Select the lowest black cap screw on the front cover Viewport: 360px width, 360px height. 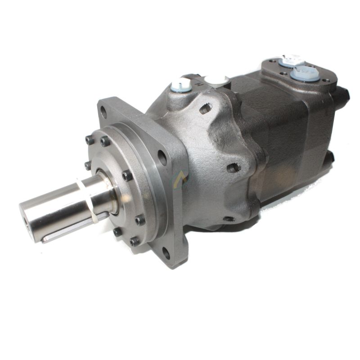[x=135, y=241]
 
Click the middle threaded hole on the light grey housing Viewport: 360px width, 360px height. [x=233, y=168]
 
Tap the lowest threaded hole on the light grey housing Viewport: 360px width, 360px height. [x=229, y=219]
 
